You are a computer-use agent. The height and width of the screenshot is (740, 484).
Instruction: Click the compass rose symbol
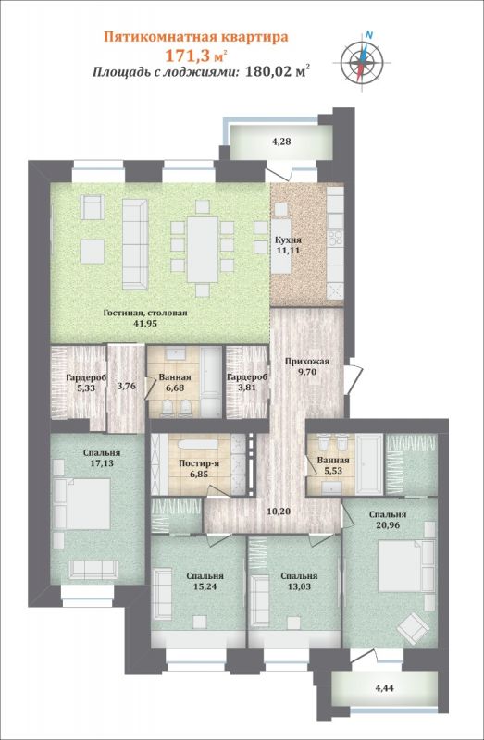coord(362,61)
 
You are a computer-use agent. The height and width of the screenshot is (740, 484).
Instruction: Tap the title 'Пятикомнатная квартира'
coord(196,37)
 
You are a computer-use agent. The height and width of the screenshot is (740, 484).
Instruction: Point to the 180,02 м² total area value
coord(279,72)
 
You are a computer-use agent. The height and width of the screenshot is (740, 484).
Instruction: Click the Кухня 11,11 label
coord(289,245)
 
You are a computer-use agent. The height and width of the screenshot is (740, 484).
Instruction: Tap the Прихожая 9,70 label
coord(307,366)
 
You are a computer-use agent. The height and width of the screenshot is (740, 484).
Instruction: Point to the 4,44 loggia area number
coord(385,688)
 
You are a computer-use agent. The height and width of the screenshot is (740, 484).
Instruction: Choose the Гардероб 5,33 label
coord(86,382)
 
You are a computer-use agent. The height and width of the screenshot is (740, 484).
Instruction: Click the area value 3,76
coord(126,386)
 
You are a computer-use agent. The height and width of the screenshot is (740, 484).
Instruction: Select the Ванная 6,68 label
coord(175,382)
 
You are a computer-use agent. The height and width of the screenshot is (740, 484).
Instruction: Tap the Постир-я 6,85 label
coord(198,468)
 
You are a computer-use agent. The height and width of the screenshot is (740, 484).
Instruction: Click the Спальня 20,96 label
coord(388,519)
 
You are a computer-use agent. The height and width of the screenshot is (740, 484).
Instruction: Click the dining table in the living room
coord(203,249)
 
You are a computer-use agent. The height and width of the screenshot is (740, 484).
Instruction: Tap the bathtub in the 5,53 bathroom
coord(369,464)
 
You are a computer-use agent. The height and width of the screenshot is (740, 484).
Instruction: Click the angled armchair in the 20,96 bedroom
coord(413,628)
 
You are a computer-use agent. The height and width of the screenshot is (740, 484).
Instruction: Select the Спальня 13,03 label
coord(299,582)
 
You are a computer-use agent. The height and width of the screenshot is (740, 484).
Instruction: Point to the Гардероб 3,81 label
coord(247,382)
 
